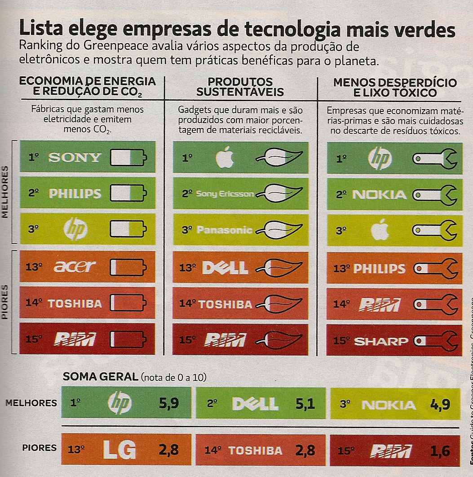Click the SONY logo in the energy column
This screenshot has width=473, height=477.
75,158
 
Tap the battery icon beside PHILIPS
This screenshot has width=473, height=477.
128,194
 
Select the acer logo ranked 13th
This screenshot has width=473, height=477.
75,267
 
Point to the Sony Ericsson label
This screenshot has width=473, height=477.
225,194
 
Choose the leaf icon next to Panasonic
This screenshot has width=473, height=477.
278,230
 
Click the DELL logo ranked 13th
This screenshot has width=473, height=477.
225,268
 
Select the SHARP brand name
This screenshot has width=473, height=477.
381,341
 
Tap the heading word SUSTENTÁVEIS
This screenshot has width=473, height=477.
240,93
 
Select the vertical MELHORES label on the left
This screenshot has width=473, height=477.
5,191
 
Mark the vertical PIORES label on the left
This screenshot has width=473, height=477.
5,301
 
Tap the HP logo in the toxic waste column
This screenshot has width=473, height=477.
380,159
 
